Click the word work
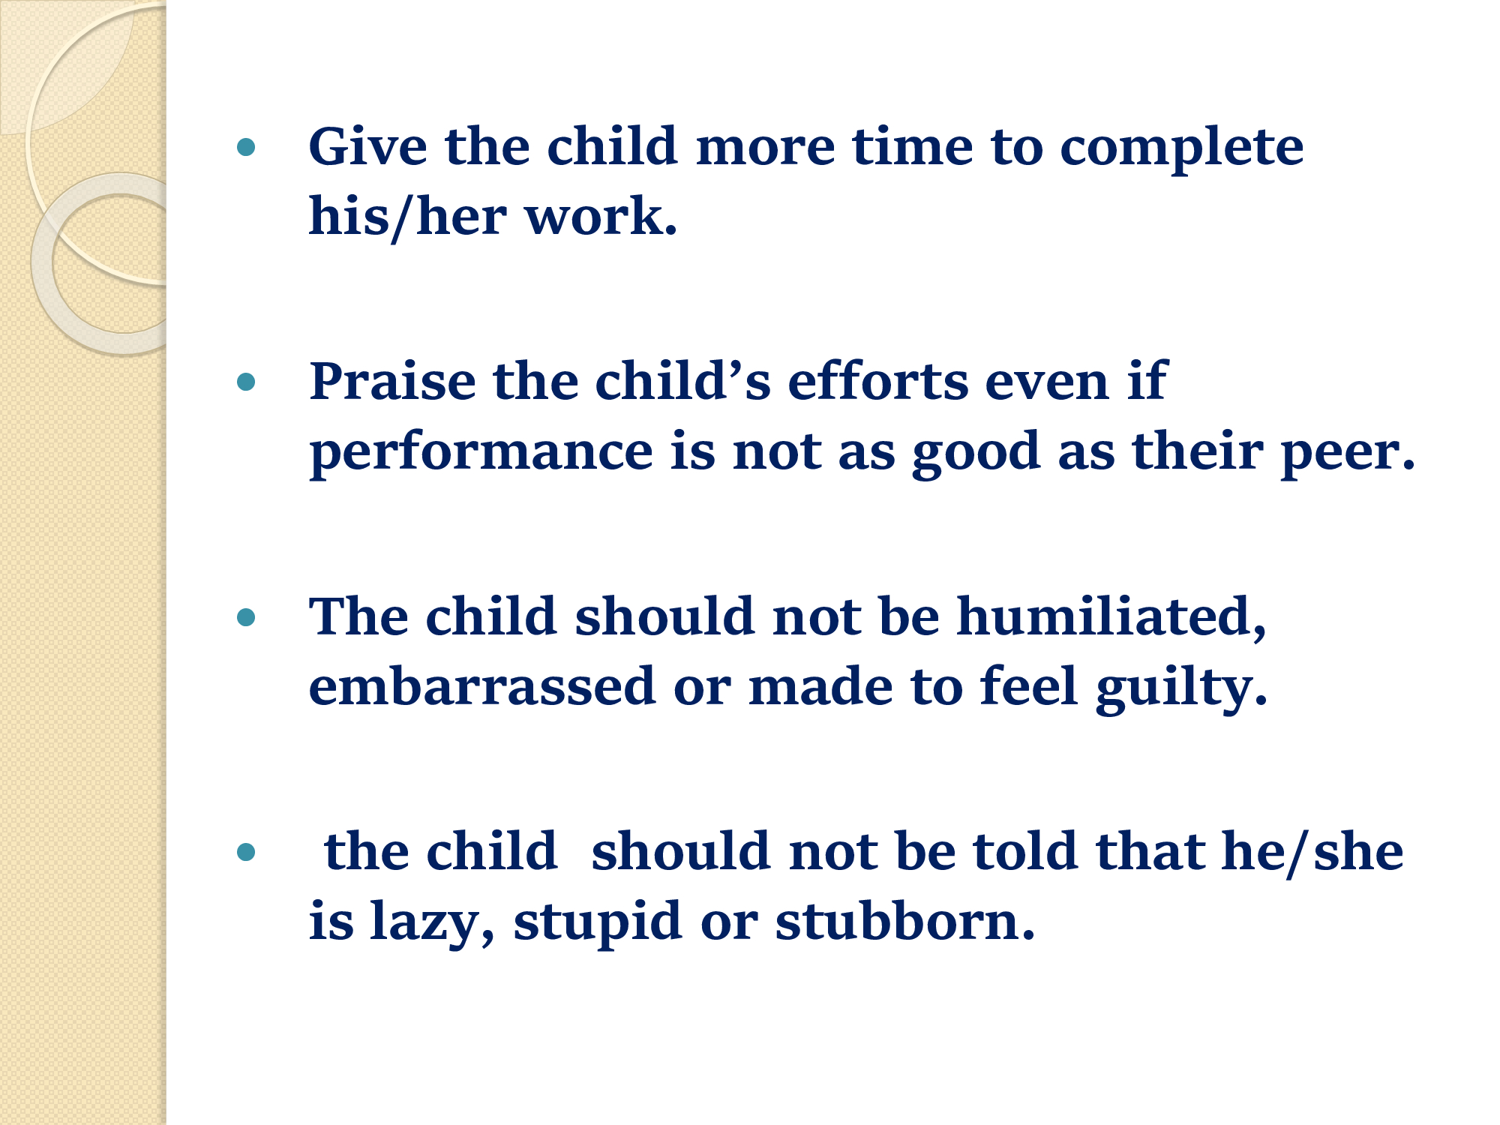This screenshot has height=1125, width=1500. [601, 216]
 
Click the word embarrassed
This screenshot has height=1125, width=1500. [482, 685]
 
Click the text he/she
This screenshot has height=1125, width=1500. [1312, 852]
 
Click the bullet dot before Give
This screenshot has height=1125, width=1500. [246, 147]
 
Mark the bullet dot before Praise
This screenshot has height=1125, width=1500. [246, 382]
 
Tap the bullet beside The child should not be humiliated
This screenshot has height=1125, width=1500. [246, 618]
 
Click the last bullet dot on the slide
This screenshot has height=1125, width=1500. [246, 852]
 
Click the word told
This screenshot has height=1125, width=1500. [1026, 850]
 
